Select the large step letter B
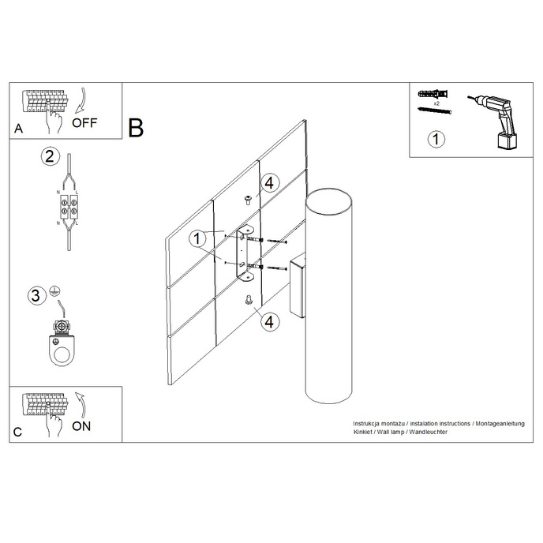[x=137, y=128]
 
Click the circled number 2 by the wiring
[x=49, y=155]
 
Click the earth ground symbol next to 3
[x=54, y=290]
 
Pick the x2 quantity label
[x=436, y=103]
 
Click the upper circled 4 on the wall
[x=268, y=183]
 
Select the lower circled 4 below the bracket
[x=268, y=321]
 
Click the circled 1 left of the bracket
[x=197, y=236]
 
